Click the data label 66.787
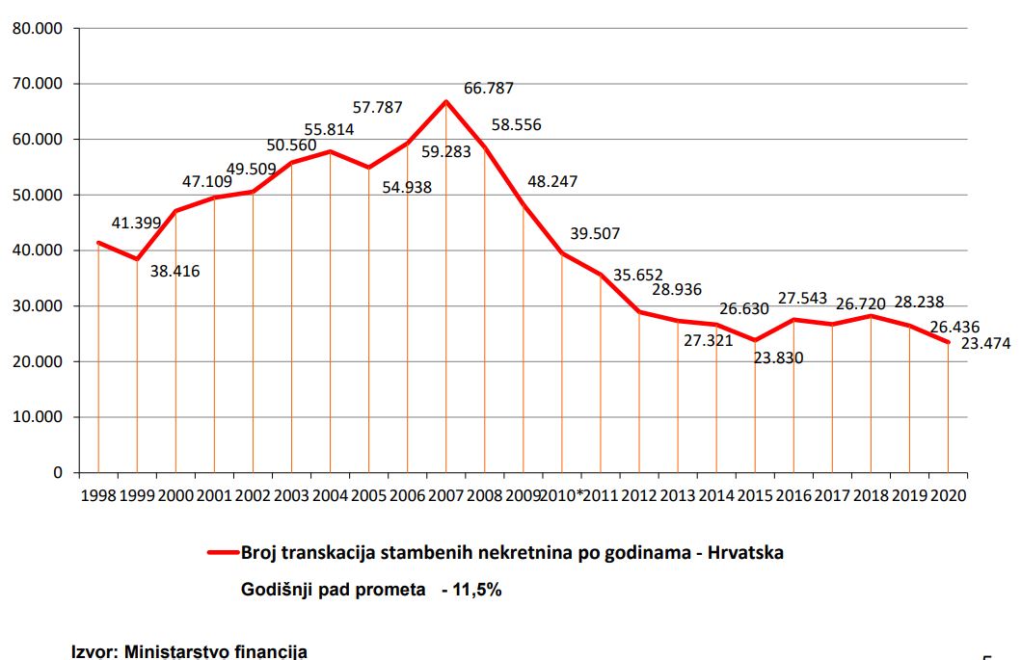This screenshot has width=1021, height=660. (x=489, y=89)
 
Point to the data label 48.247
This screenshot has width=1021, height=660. (x=552, y=180)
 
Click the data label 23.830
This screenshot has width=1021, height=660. (x=778, y=357)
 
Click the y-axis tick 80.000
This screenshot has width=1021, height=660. (x=37, y=28)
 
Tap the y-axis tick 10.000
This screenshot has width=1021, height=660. (x=37, y=417)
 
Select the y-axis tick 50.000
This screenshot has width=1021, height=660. (x=37, y=195)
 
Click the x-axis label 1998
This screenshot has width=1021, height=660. (x=98, y=496)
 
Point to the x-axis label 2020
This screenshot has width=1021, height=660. (x=947, y=496)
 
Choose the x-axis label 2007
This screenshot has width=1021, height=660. (x=445, y=496)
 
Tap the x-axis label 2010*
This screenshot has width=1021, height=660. (x=564, y=496)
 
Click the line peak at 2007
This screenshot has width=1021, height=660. (x=445, y=101)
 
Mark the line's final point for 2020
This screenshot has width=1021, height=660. (x=948, y=342)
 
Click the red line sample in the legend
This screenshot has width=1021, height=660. (x=223, y=553)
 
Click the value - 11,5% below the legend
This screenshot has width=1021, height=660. (x=471, y=590)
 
